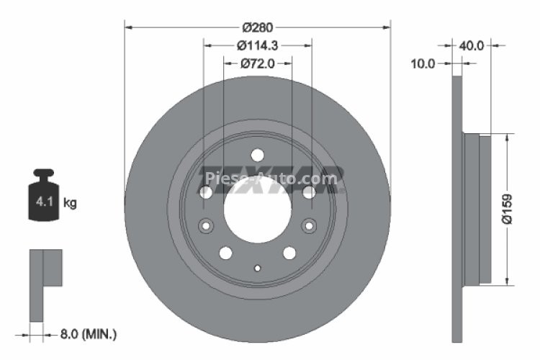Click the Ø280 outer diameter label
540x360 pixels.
[257, 28]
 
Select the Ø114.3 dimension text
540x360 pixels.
[257, 45]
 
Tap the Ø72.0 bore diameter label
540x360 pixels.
[257, 64]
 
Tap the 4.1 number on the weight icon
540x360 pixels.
[43, 202]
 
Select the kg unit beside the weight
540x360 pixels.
[70, 203]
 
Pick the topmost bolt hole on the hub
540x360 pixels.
[257, 156]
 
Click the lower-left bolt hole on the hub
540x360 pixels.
[225, 253]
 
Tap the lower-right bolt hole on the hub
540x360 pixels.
[289, 253]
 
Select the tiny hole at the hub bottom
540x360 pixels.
[257, 267]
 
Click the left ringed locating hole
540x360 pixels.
[206, 225]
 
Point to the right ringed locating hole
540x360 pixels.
[308, 225]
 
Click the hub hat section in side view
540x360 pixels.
[476, 209]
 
